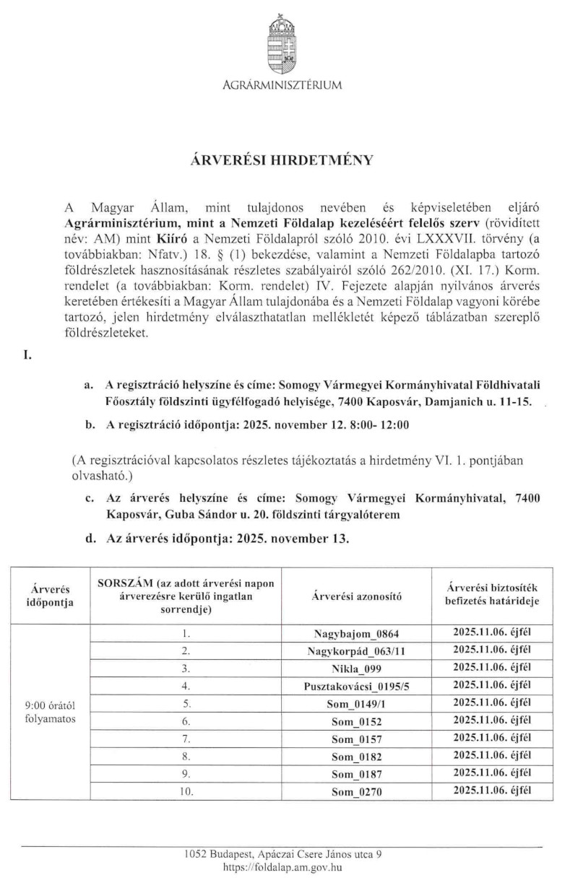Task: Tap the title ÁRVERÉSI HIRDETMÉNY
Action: coord(282,160)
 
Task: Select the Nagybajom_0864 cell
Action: coord(356,635)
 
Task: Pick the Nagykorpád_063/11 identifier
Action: coord(356,652)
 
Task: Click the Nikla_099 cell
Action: coord(356,669)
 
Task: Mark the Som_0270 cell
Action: coord(356,792)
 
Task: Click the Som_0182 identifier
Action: coord(356,757)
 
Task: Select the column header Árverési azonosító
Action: coord(356,596)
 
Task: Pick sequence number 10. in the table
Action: coord(186,791)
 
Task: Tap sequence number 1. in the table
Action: coord(186,634)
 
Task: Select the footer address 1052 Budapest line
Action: coord(282,854)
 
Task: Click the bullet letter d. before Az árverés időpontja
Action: coord(90,537)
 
